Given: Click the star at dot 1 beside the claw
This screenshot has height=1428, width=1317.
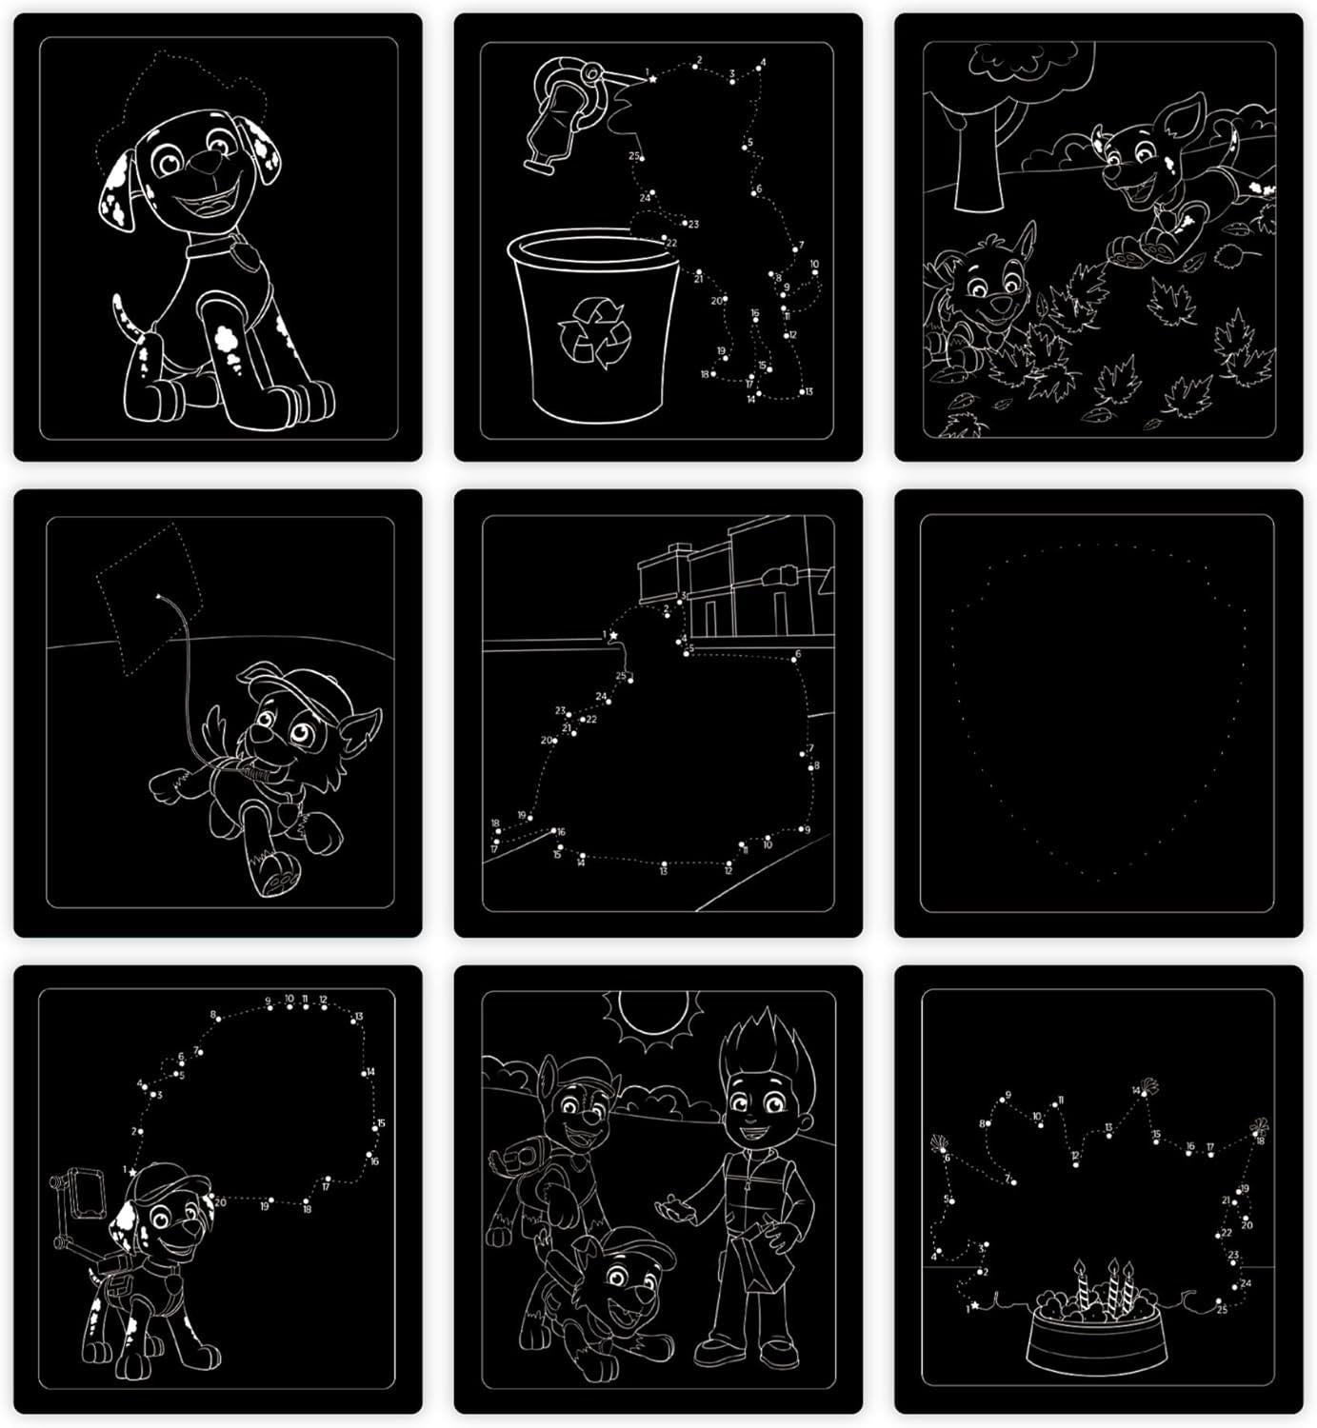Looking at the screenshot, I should click(x=653, y=79).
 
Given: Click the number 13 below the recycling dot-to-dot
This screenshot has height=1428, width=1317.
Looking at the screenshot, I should click(x=808, y=391).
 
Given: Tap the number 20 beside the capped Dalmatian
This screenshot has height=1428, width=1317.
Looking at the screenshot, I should click(x=221, y=1201).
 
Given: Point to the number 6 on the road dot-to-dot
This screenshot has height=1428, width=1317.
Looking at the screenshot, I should click(x=798, y=654).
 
